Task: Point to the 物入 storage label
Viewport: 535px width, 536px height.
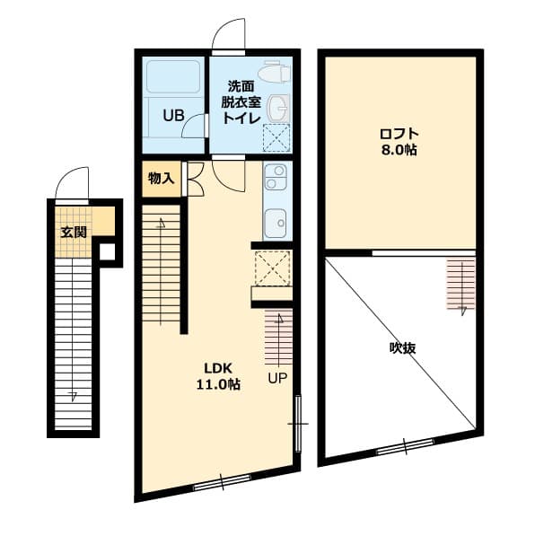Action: (161, 178)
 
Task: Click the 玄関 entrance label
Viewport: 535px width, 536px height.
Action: (74, 232)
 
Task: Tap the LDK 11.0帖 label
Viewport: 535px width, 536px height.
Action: (219, 376)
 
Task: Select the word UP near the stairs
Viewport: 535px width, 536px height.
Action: (276, 378)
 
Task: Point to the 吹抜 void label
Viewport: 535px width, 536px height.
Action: (402, 347)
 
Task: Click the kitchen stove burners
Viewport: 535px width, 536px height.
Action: (275, 176)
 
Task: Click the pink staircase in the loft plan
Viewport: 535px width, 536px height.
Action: (460, 285)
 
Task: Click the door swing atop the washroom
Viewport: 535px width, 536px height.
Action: (229, 35)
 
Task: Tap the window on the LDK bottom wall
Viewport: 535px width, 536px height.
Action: (221, 482)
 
